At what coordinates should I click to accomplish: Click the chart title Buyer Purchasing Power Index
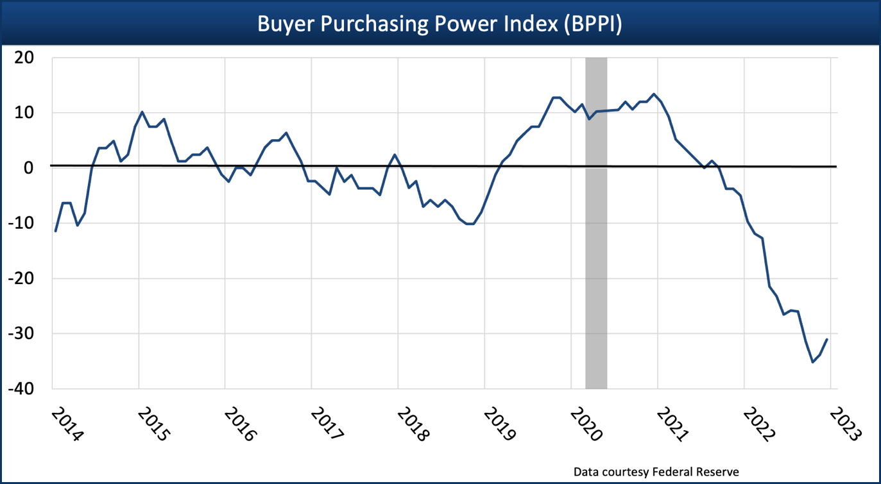[440, 24]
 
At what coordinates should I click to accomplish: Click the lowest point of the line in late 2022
[813, 362]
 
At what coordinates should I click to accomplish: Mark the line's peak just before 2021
[654, 94]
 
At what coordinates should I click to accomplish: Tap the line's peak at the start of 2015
[142, 112]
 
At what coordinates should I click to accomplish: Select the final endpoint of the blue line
[828, 339]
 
